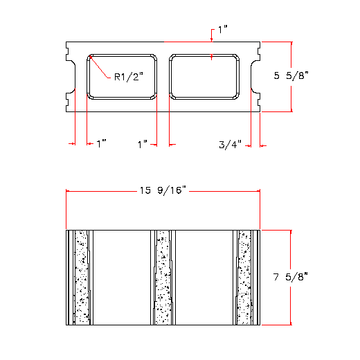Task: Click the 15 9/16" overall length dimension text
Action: [163, 190]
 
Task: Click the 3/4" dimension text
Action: [230, 145]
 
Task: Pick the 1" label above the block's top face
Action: [222, 30]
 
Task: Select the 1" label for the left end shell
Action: [102, 144]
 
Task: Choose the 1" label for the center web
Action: [143, 144]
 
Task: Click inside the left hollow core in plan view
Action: [121, 76]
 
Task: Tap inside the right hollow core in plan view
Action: [208, 76]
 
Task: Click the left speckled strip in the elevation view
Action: [81, 276]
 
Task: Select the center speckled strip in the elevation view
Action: [163, 276]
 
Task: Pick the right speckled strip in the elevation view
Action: [244, 276]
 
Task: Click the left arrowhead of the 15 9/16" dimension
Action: [69, 191]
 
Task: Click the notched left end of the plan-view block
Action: [70, 76]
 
